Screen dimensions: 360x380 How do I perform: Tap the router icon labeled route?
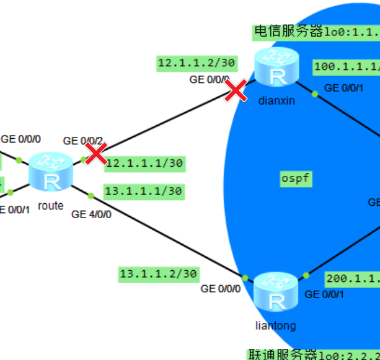[x=52, y=174]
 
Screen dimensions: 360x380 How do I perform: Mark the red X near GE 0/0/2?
[x=96, y=153]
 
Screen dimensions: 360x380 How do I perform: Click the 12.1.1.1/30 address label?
[x=144, y=164]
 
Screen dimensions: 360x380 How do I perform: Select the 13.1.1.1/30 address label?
[x=144, y=191]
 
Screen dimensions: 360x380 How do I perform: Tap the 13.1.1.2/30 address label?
[x=159, y=273]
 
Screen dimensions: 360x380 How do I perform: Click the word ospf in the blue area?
[x=296, y=180]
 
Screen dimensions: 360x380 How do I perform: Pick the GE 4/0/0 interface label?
[x=92, y=214]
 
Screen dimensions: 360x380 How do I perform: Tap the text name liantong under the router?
[x=275, y=325]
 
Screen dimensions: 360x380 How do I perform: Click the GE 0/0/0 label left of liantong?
[x=220, y=288]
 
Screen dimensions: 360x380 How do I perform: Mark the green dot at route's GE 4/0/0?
[x=91, y=196]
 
